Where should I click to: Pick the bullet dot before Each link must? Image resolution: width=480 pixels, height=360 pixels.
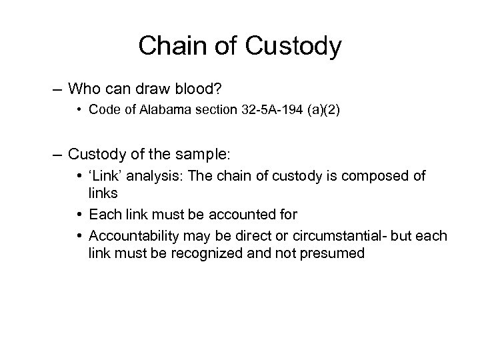[x=81, y=215]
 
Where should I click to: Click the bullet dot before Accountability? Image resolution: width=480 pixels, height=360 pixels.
[x=81, y=237]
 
